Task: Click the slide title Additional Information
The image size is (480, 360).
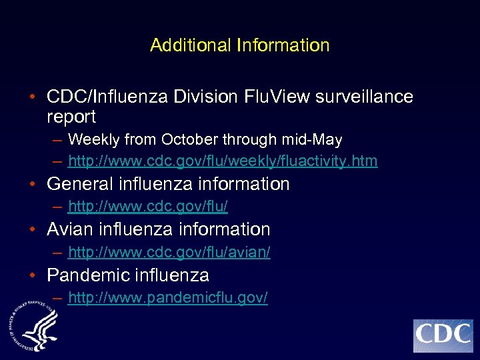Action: [240, 45]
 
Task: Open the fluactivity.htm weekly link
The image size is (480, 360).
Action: [223, 161]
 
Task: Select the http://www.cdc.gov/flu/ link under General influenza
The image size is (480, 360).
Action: [148, 207]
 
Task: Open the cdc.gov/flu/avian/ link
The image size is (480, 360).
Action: [169, 253]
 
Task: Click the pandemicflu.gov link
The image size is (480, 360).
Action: [168, 298]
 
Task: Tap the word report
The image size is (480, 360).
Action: [71, 117]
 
